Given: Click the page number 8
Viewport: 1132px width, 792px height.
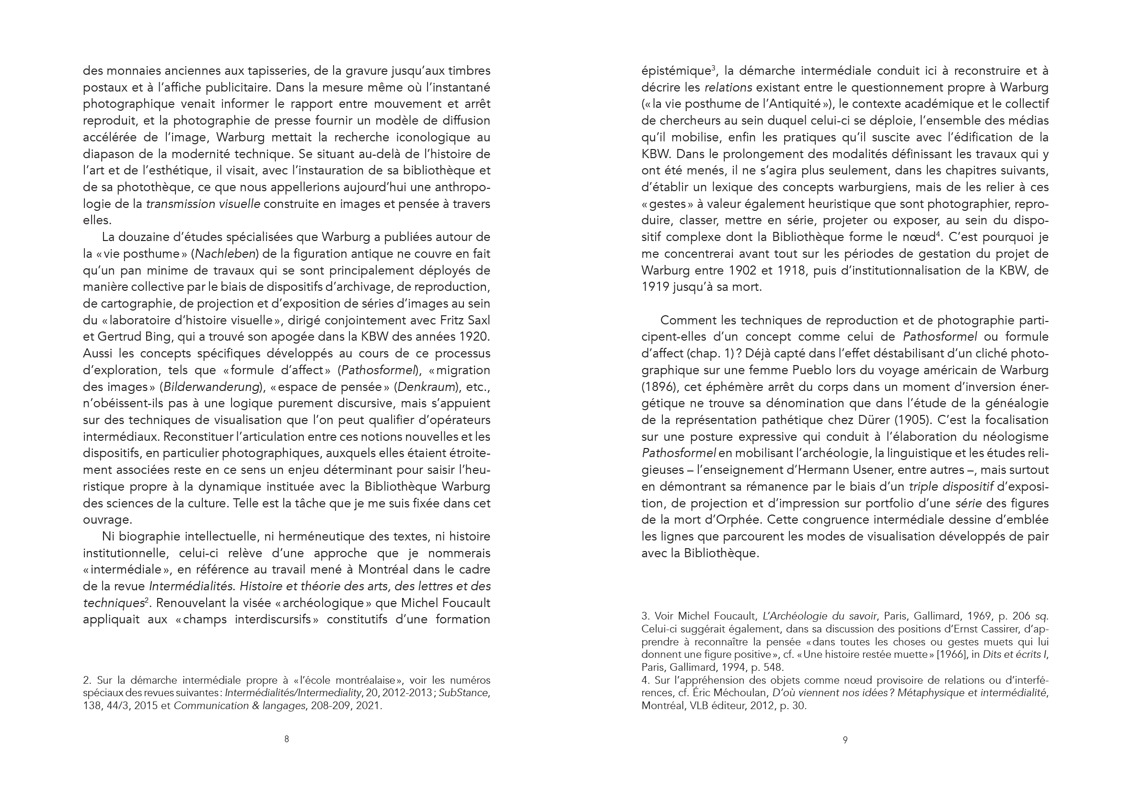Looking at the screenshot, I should click(287, 739).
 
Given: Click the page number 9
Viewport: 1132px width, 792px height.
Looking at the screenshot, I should click(845, 740).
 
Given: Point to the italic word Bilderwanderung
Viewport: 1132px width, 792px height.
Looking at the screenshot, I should click(211, 387).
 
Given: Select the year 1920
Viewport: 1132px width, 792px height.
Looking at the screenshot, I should click(474, 337).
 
